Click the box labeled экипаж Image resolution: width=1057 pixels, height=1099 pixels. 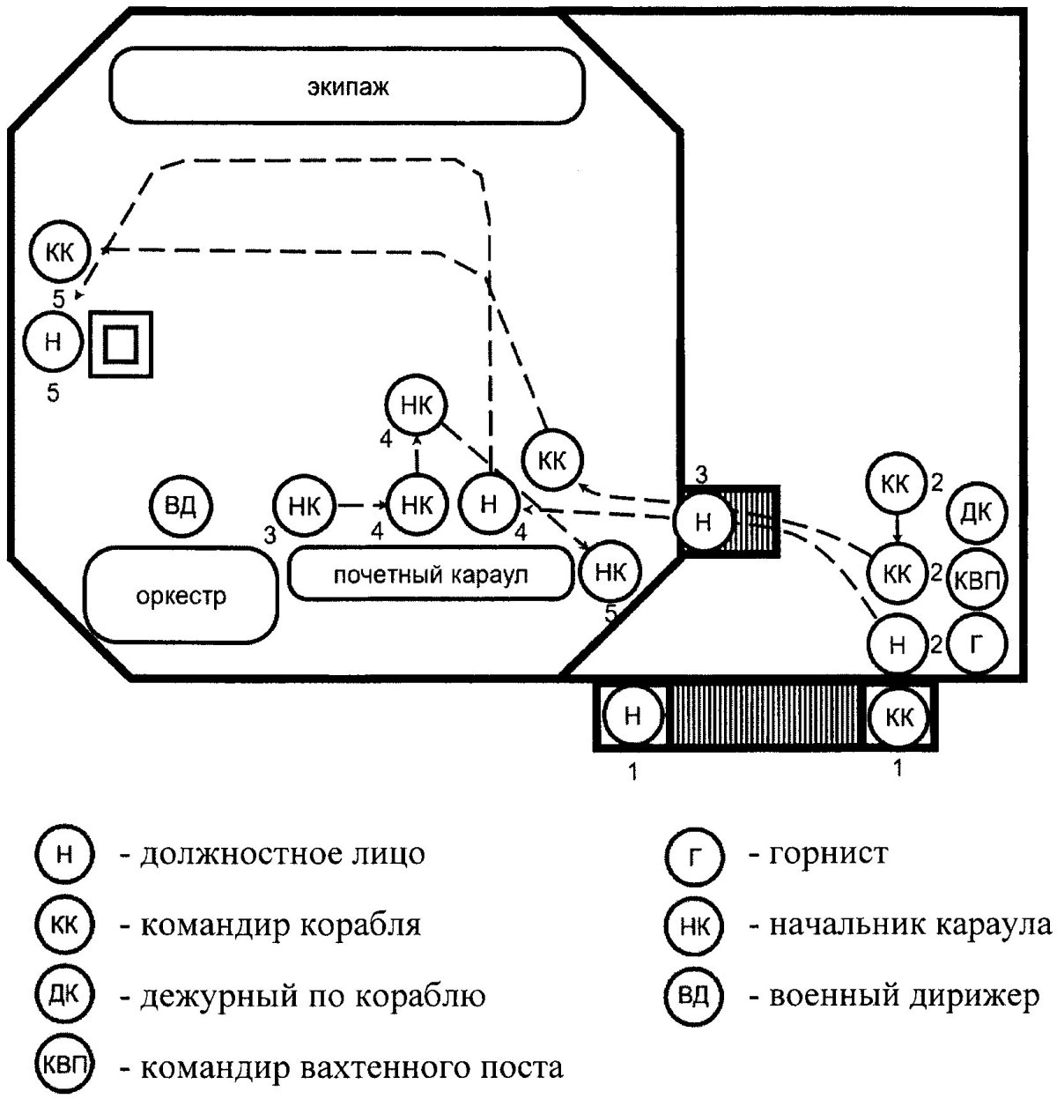[x=347, y=85]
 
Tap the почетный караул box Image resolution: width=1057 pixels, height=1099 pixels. [x=431, y=575]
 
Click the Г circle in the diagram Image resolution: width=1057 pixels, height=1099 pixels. [x=976, y=643]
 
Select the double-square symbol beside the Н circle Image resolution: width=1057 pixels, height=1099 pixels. [x=121, y=345]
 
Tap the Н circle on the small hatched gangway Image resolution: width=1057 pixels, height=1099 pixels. [x=704, y=521]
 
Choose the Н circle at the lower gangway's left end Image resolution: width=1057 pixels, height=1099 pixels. [x=633, y=715]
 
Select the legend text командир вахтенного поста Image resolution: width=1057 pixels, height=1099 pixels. [x=351, y=1067]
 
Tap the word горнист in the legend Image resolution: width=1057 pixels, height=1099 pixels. [x=829, y=853]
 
